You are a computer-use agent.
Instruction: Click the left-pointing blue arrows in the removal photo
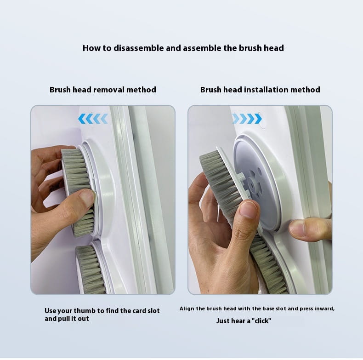(93, 119)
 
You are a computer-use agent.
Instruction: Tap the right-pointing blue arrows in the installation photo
(247, 119)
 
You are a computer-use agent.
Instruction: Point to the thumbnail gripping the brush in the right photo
(248, 210)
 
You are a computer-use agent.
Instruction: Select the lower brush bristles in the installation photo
(269, 267)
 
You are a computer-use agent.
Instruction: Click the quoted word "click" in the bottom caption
(260, 320)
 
